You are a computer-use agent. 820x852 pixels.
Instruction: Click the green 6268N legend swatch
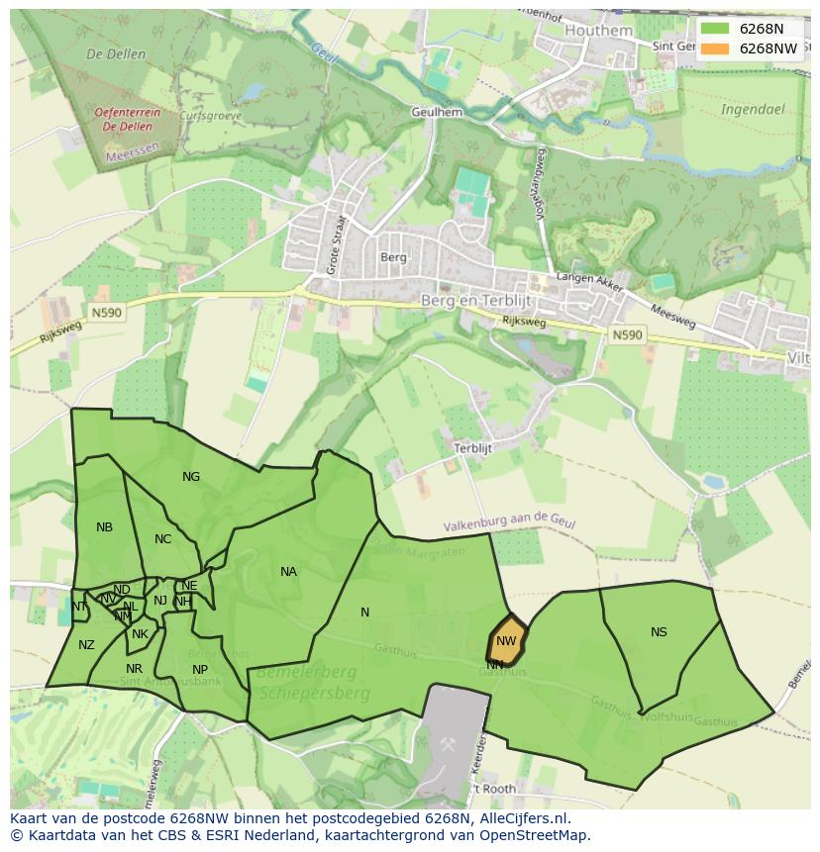[x=714, y=29]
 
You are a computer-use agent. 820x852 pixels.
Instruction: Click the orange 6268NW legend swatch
[x=714, y=48]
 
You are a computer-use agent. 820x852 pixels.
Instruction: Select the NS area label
[x=659, y=632]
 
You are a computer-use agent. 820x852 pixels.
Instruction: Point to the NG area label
[x=191, y=477]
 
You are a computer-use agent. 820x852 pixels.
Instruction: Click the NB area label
[x=104, y=527]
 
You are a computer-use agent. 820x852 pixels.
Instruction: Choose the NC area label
[x=163, y=539]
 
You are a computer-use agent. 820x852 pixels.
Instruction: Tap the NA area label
[x=288, y=572]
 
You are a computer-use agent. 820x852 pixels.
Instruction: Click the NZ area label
[x=86, y=645]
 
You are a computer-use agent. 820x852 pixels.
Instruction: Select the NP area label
[x=200, y=670]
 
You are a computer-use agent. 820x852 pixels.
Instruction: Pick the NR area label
[x=135, y=669]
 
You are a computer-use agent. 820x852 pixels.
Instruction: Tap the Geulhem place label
[x=437, y=113]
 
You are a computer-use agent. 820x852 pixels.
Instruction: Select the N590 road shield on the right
[x=627, y=335]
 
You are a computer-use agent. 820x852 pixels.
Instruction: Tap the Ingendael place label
[x=752, y=109]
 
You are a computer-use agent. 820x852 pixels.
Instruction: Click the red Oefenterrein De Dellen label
[x=128, y=120]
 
